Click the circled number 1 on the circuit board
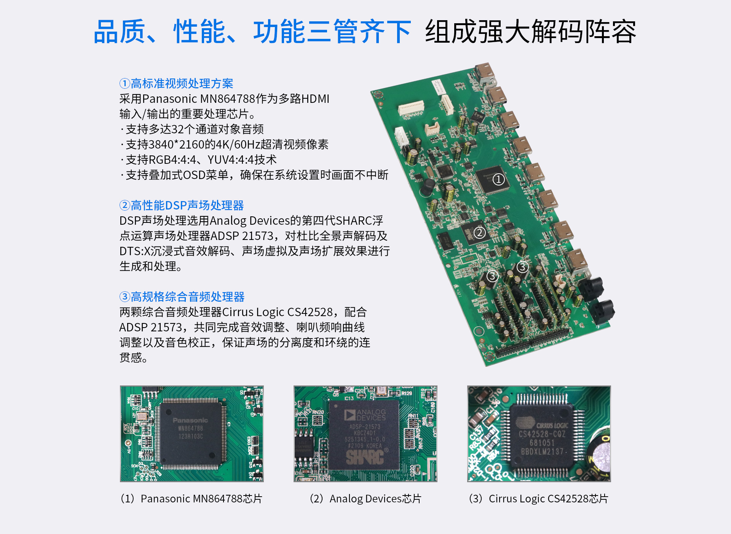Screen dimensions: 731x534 [498, 179]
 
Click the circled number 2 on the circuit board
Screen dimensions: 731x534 [480, 232]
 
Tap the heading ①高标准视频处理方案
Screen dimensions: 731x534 [176, 83]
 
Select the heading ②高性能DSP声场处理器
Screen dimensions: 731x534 [182, 205]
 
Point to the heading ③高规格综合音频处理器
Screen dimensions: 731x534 [182, 297]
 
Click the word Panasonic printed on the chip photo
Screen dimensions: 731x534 [190, 420]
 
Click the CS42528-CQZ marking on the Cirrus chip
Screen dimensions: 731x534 [542, 434]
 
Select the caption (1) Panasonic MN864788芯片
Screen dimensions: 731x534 [192, 499]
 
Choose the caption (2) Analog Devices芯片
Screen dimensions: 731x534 [365, 499]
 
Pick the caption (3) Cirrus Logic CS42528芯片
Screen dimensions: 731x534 [539, 499]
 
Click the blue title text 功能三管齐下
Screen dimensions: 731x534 [332, 32]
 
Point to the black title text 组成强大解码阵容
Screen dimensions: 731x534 [530, 32]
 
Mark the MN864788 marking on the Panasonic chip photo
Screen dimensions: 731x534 [191, 428]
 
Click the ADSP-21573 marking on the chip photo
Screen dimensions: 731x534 [365, 427]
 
